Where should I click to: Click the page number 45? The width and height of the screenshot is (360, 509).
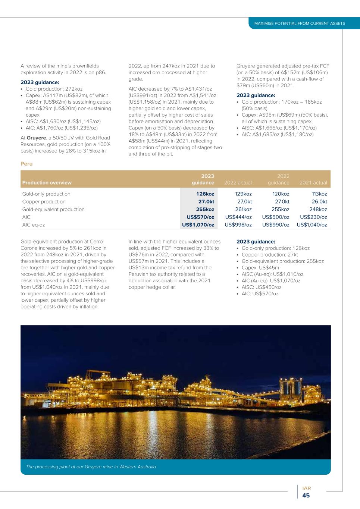pos(306,496)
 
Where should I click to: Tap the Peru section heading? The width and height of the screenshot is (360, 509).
pos(26,164)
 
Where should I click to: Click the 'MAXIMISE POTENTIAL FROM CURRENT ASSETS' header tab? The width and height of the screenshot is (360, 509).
pos(300,23)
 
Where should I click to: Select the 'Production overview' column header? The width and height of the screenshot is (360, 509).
pos(47,183)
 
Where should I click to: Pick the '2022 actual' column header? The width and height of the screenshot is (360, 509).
pos(238,183)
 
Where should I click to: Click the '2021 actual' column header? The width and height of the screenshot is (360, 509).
pos(313,183)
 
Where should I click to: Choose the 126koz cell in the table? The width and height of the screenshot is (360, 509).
pos(205,194)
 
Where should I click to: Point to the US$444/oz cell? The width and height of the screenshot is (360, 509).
pos(238,217)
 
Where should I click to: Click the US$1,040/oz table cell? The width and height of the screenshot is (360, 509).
pos(312,225)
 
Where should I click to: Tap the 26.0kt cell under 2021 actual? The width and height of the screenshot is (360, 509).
pos(319,202)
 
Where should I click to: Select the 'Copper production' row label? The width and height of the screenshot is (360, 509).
pos(44,202)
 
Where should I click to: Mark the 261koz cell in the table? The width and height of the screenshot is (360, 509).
pos(243,210)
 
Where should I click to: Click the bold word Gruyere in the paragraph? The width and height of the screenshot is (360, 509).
pos(37,138)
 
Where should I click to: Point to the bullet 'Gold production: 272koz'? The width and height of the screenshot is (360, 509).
pos(54,89)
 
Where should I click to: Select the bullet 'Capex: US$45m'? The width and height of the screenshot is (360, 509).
pos(260,268)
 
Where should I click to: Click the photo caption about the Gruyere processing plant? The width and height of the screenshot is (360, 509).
pos(91,467)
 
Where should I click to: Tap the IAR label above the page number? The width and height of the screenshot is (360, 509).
pos(306,488)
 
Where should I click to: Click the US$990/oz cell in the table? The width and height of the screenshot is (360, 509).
pos(276,225)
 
